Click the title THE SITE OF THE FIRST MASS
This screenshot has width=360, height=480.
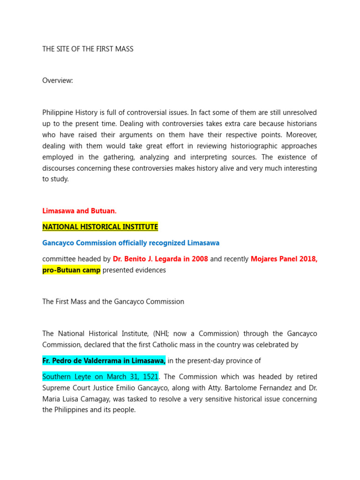tap(88, 49)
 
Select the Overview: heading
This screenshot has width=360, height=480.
tap(58, 81)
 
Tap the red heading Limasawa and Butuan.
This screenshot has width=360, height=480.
tap(79, 211)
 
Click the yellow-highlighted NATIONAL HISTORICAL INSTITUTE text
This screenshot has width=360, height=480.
tap(100, 227)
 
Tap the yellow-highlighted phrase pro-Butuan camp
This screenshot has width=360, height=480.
tap(71, 270)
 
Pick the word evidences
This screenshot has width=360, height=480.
tap(151, 270)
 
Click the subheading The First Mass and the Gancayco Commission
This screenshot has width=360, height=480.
tap(113, 301)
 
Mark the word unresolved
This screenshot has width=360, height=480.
tap(299, 112)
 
